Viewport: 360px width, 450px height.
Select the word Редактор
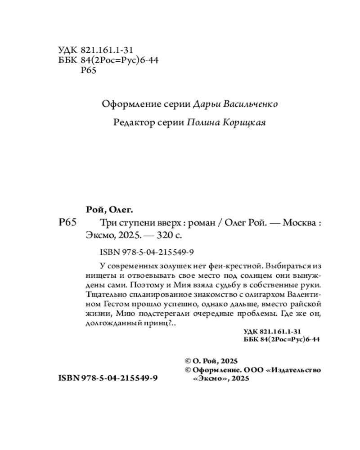pyautogui.click(x=131, y=123)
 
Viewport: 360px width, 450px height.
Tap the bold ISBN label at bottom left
pyautogui.click(x=68, y=379)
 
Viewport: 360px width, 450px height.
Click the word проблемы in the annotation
pyautogui.click(x=246, y=314)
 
